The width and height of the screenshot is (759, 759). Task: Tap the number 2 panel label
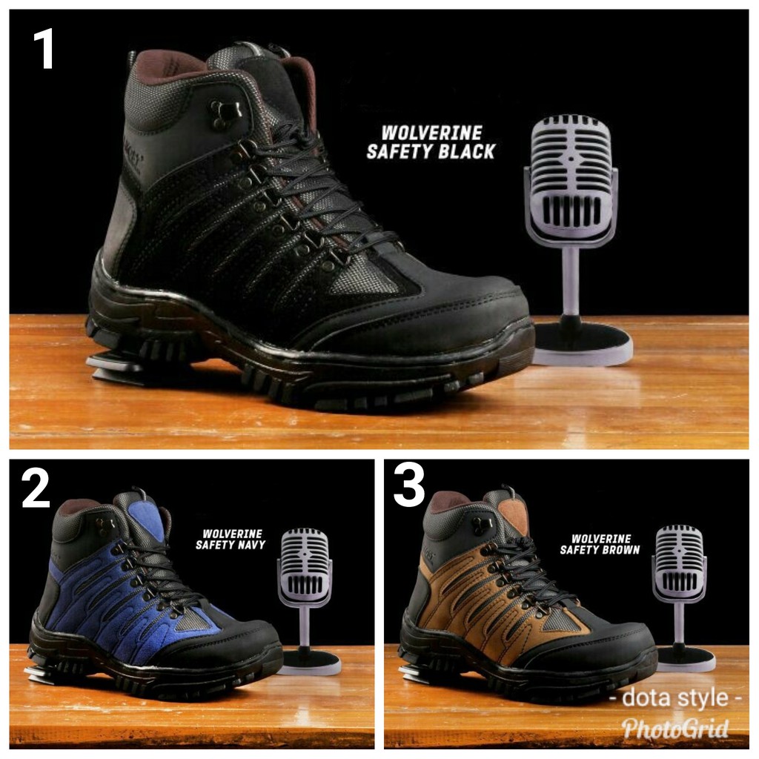[36, 489]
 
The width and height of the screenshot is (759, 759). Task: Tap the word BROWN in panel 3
[620, 550]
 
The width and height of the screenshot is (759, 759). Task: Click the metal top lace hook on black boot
[225, 111]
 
